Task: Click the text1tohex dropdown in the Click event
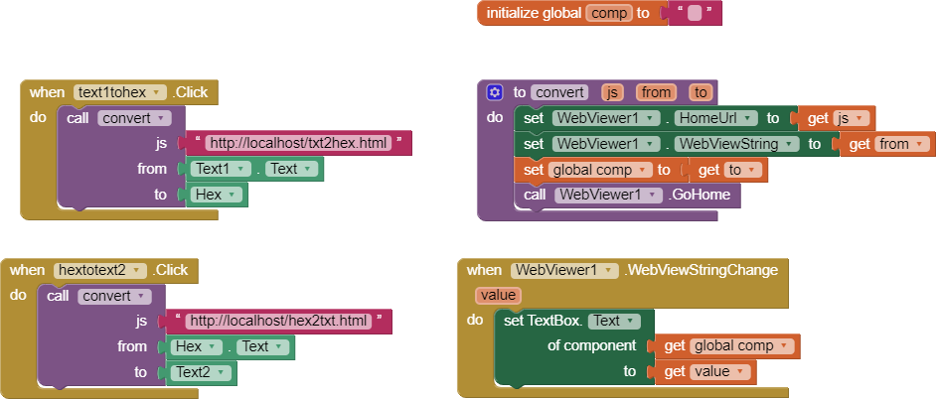click(119, 92)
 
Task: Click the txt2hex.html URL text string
click(297, 143)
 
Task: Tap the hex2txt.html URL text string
click(279, 321)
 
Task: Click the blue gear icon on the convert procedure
click(495, 92)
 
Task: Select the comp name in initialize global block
click(609, 13)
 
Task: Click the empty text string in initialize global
click(695, 14)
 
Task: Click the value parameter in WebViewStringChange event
click(498, 296)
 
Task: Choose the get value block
click(702, 371)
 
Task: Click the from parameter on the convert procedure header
click(656, 92)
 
